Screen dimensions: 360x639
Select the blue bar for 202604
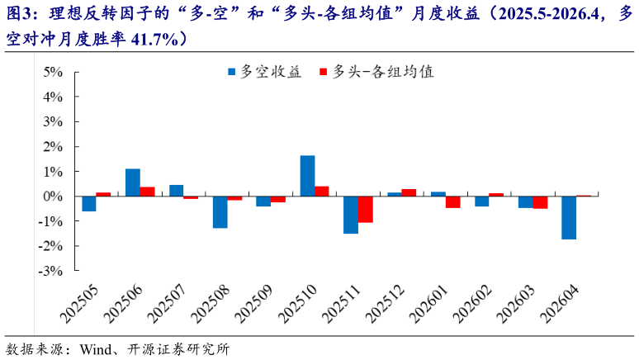point(569,218)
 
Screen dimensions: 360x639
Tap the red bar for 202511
point(366,210)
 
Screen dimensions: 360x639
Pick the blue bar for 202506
point(132,182)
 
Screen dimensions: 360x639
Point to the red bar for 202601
point(453,202)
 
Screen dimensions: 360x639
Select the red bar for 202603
point(540,202)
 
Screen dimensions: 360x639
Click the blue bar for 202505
point(88,204)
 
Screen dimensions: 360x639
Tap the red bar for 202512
point(409,192)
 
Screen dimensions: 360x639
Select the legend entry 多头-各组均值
point(383,72)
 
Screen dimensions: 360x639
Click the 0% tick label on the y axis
point(53,197)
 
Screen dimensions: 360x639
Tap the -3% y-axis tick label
point(50,271)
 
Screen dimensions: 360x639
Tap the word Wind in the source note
point(96,348)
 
